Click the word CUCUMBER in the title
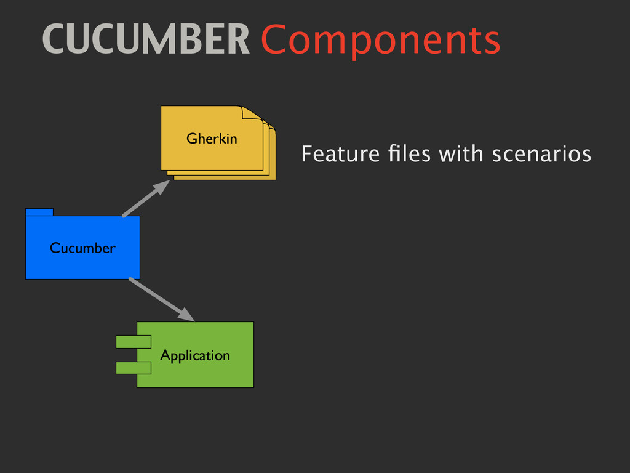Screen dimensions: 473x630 coord(146,40)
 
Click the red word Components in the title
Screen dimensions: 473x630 coord(380,41)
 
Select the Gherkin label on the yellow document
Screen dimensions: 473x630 coord(212,139)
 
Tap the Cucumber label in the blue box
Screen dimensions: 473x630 coord(82,248)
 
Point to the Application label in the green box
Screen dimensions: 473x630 coord(195,355)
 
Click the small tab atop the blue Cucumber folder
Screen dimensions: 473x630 coord(39,212)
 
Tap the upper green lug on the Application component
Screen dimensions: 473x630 coord(134,341)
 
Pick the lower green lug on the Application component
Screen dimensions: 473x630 coord(134,368)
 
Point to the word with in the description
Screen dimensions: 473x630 coord(461,154)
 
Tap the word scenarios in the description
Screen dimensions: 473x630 coord(541,154)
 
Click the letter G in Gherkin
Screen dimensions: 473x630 coord(191,139)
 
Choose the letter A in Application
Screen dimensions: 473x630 coord(164,355)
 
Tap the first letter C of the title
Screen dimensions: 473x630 coord(52,40)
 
